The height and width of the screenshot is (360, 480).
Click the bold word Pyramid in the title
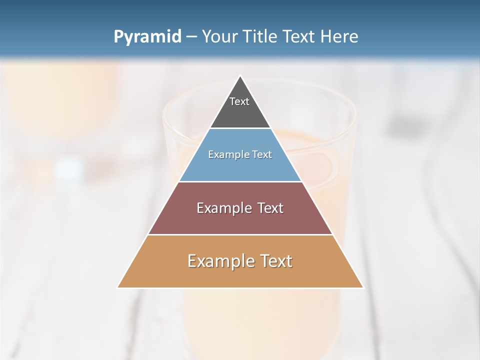point(147,37)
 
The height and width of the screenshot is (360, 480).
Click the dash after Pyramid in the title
point(191,37)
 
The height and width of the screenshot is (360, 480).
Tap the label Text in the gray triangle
point(239,101)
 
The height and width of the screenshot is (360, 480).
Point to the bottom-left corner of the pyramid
point(118,287)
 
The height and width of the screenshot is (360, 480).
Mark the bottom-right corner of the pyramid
point(362,287)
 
